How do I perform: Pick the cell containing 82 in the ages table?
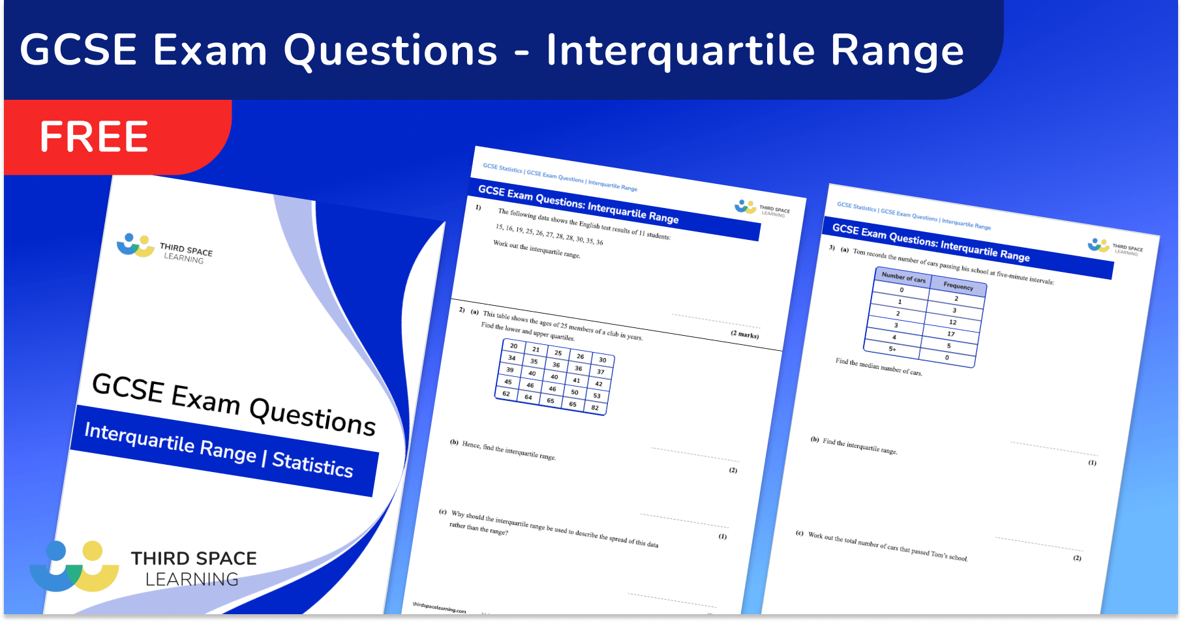click(595, 407)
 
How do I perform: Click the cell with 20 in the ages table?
click(514, 346)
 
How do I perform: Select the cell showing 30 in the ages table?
click(603, 360)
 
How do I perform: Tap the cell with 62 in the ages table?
click(506, 394)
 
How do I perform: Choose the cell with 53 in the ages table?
click(597, 396)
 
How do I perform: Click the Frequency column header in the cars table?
click(958, 286)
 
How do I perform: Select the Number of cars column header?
click(903, 276)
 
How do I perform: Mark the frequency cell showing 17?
click(951, 334)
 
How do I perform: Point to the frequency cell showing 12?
click(953, 322)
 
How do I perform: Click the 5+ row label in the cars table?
click(892, 349)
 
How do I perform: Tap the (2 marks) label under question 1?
click(744, 334)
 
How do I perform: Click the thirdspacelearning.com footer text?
click(439, 608)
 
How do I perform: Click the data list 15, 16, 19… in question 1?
click(549, 235)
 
